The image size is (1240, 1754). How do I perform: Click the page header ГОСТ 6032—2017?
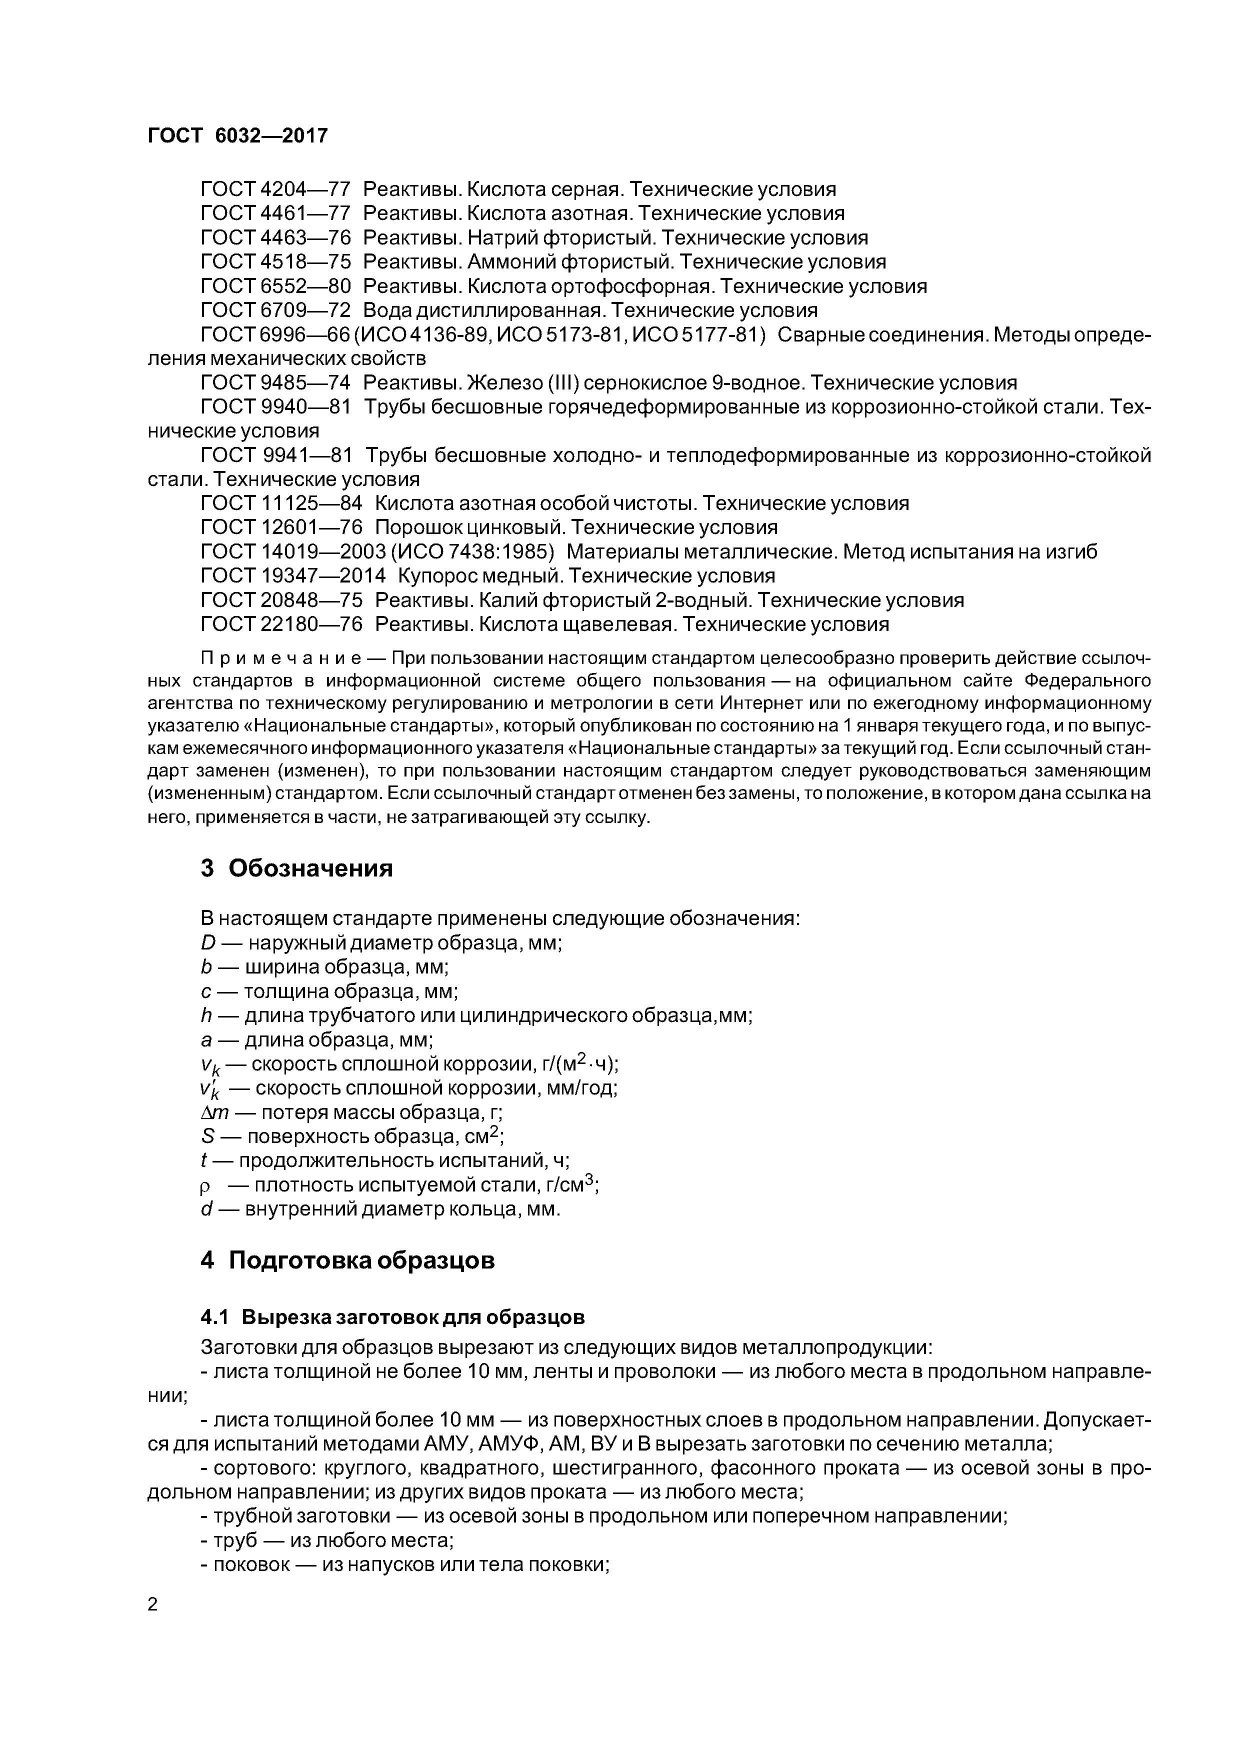(237, 136)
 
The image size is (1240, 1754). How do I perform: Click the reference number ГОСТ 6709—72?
(275, 310)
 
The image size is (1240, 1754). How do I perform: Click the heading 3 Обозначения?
(296, 868)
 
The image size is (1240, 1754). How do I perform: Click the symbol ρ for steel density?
(205, 1185)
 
